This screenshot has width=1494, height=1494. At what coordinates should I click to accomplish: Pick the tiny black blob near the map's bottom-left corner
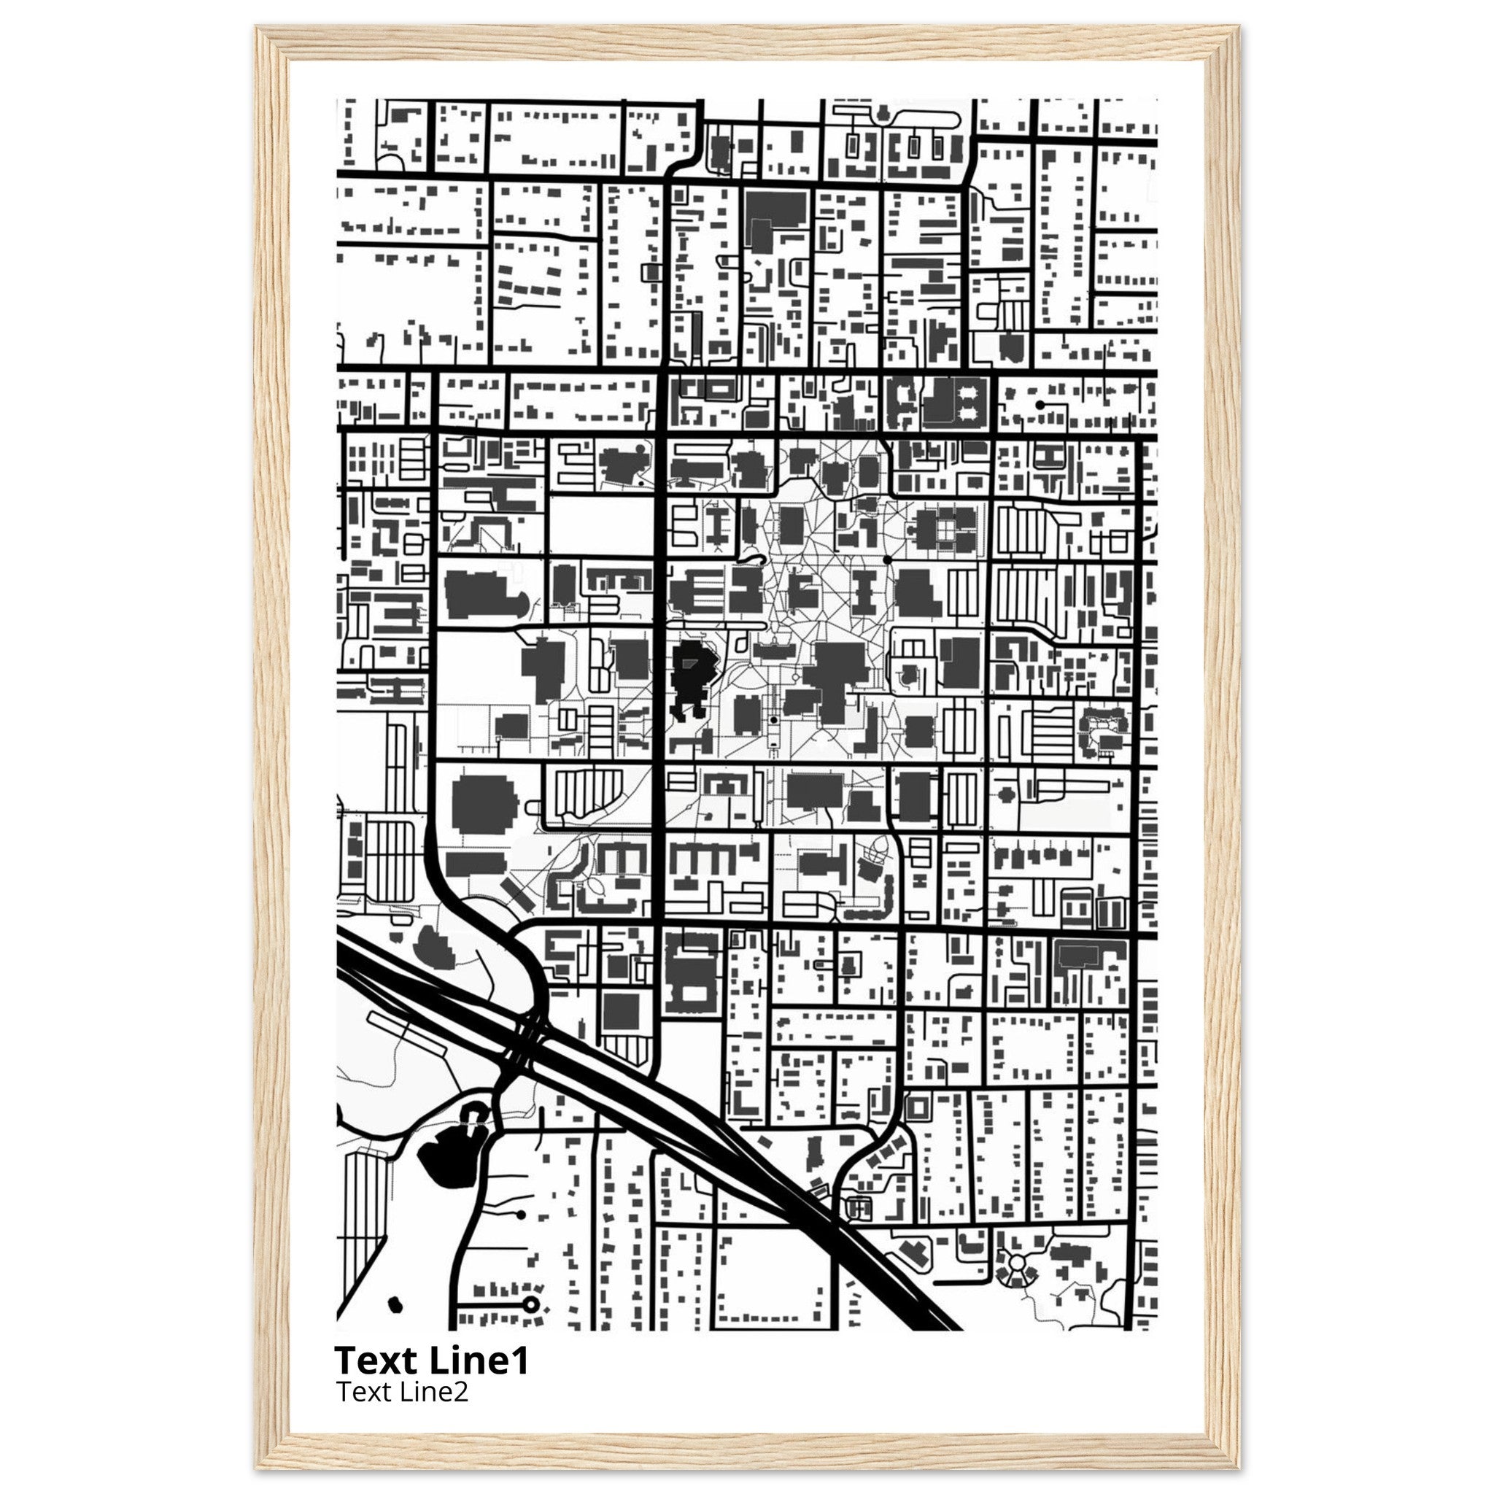click(395, 1305)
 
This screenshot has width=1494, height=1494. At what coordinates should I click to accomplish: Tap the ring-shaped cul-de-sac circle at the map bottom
click(530, 1305)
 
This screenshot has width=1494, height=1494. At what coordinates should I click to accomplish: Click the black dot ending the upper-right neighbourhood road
click(1040, 404)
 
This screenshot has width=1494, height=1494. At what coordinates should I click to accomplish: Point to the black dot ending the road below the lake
click(520, 1215)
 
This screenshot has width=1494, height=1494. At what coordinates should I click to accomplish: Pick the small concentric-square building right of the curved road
click(918, 1108)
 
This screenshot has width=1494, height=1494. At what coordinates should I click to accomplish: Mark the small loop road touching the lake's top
click(474, 1112)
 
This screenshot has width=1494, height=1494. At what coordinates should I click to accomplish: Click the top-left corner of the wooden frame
click(257, 26)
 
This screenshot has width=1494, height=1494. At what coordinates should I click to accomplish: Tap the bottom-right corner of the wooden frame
click(1239, 1468)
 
